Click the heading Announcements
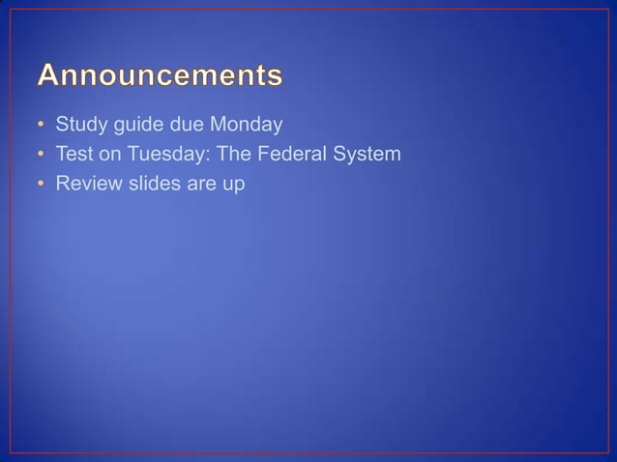click(x=161, y=75)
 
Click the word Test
click(x=73, y=153)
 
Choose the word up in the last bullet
click(x=232, y=183)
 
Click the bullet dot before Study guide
click(x=41, y=126)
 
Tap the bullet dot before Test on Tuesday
click(x=41, y=154)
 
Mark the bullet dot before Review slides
click(x=41, y=182)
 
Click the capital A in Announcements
click(x=50, y=75)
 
